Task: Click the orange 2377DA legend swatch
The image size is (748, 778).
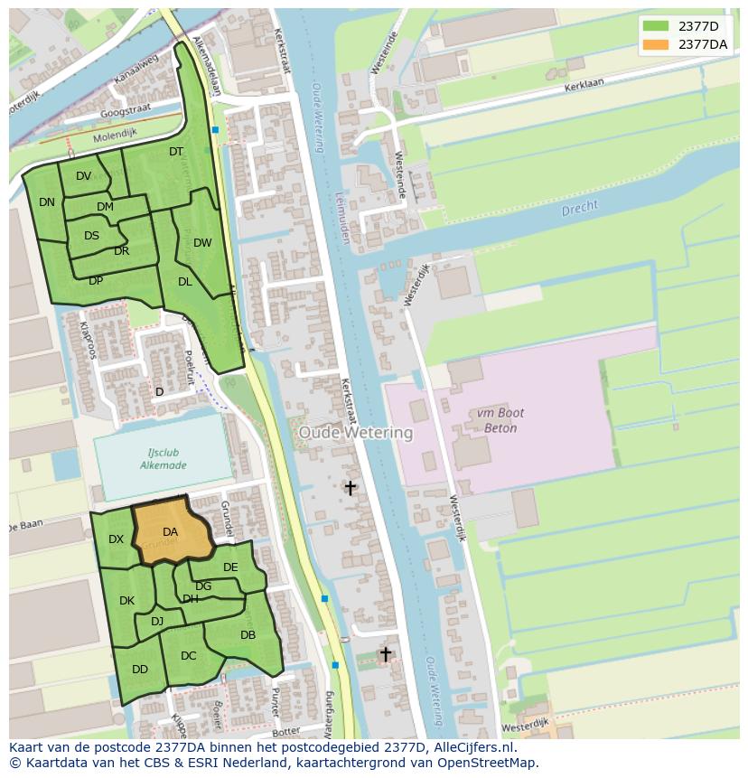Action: [656, 44]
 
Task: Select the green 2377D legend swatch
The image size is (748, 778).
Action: [656, 26]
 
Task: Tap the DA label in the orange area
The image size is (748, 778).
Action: [170, 532]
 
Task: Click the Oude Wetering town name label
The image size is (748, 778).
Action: [355, 433]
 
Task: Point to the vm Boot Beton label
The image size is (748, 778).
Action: [496, 420]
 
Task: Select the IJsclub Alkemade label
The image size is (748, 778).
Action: [164, 458]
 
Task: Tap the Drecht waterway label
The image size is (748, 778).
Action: [579, 208]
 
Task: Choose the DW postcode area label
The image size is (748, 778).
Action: [202, 242]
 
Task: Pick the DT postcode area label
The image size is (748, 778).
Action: [176, 152]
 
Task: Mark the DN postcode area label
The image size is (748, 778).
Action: [47, 202]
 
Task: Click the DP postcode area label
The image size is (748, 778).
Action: [96, 280]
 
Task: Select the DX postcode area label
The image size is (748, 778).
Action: [116, 539]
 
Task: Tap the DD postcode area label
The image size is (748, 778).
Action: [139, 670]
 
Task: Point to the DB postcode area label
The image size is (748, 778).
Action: [248, 635]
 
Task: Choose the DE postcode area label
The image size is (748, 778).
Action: [230, 567]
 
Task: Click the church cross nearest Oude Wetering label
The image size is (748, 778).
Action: [350, 488]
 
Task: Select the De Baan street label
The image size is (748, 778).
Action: [27, 526]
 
